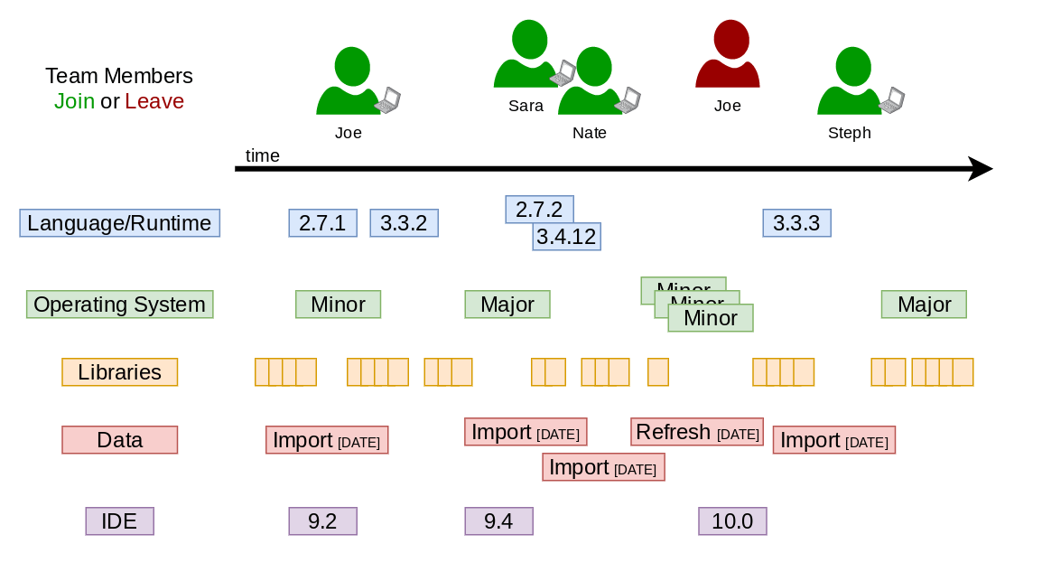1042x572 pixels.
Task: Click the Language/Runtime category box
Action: pos(119,223)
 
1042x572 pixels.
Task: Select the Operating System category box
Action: pos(119,305)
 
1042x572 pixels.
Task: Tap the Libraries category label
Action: pos(119,372)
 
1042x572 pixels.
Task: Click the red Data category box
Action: pos(119,440)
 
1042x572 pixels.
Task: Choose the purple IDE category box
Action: pos(119,521)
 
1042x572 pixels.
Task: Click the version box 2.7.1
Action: pos(322,223)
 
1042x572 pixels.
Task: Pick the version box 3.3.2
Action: pos(404,223)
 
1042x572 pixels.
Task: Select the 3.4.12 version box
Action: pos(566,238)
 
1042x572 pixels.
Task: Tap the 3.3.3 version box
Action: pos(796,223)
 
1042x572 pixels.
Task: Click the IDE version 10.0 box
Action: pos(732,521)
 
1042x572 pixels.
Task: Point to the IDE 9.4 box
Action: pos(498,521)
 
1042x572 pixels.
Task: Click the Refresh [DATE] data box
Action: pos(696,432)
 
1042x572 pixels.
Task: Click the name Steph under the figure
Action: pos(849,134)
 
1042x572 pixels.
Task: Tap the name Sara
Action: pos(526,107)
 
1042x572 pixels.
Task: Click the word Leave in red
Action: pos(154,101)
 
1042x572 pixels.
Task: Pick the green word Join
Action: pos(74,101)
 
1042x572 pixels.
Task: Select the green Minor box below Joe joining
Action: pos(338,305)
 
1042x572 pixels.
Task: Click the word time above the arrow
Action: pos(263,156)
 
